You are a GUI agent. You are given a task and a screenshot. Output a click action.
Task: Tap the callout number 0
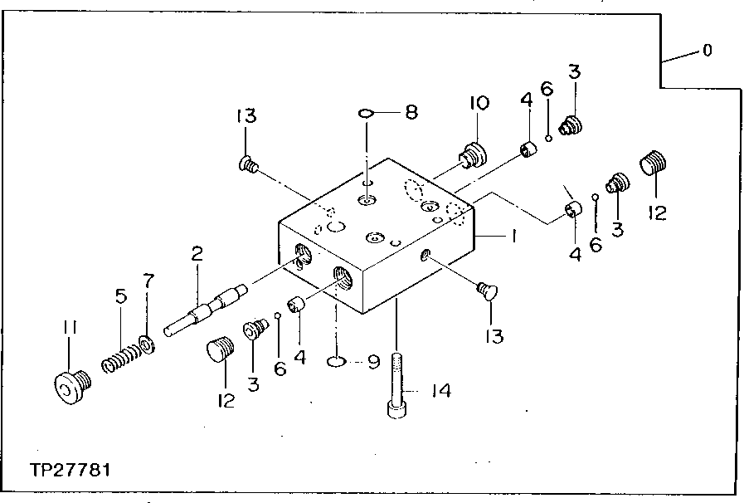[x=707, y=51]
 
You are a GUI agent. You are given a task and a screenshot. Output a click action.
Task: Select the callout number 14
[x=440, y=390]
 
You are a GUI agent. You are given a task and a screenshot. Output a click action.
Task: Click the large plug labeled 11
[x=69, y=386]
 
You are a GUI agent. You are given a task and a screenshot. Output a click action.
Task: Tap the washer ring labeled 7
[x=147, y=343]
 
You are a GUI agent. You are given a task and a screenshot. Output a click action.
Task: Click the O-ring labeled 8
[x=366, y=113]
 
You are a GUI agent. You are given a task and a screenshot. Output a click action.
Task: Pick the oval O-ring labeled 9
[x=337, y=361]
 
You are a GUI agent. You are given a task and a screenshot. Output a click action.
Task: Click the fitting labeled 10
[x=473, y=154]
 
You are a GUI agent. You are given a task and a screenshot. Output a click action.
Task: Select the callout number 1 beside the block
[x=513, y=237]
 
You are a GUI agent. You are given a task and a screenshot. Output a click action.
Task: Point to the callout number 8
[x=411, y=112]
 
